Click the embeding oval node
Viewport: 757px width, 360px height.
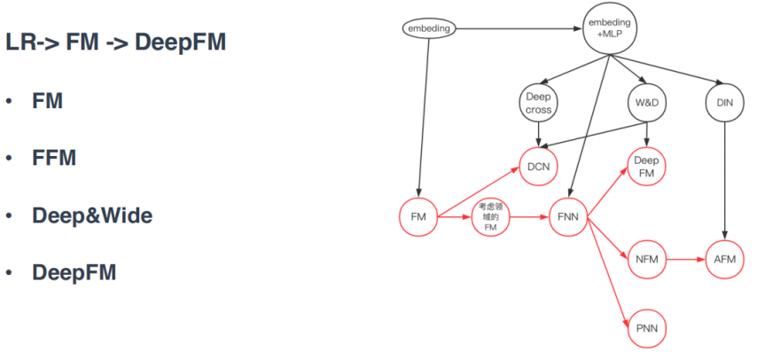point(429,28)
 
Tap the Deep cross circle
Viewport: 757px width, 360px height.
point(539,104)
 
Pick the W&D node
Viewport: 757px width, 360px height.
point(647,104)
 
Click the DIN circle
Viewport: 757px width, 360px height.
point(725,104)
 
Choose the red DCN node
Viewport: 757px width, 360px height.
point(539,167)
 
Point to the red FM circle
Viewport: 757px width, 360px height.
point(418,216)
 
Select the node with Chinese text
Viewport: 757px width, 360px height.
point(490,216)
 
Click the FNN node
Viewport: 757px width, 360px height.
point(567,216)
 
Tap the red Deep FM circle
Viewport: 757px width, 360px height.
point(647,167)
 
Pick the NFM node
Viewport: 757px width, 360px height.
point(646,260)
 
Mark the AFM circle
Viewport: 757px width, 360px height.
point(725,260)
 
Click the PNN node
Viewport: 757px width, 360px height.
point(646,329)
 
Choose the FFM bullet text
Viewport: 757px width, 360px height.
point(54,158)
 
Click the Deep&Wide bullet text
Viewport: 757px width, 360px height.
point(92,215)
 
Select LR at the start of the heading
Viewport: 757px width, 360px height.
point(20,42)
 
